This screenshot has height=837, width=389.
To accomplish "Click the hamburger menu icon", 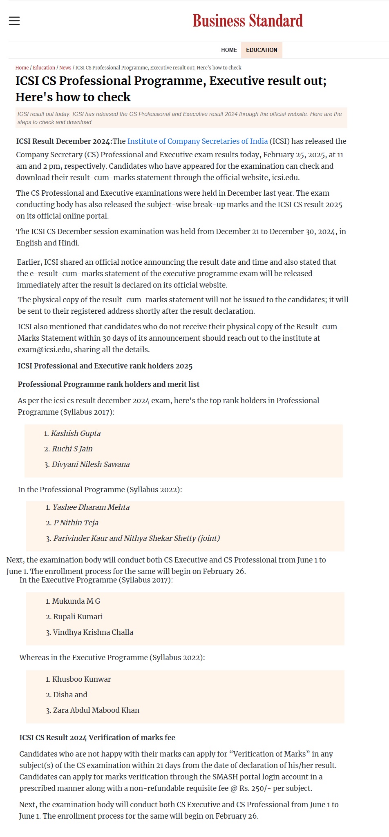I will (x=14, y=21).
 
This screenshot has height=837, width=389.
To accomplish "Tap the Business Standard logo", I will (x=248, y=21).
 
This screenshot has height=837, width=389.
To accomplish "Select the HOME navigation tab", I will (x=229, y=50).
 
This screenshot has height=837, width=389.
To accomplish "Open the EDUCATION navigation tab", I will (x=262, y=50).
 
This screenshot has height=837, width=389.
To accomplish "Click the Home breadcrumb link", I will (x=22, y=68).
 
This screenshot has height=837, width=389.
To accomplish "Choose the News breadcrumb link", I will (x=65, y=68).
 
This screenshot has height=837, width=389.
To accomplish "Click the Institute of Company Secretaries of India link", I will (x=197, y=141).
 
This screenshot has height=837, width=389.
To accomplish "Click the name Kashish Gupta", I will (x=76, y=433).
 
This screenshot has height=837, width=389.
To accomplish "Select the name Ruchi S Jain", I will (x=72, y=449).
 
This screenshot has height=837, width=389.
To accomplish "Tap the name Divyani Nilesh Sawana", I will (x=91, y=464).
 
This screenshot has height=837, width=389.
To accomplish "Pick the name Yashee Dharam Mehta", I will (x=91, y=507).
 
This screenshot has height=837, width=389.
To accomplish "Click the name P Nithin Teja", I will (x=76, y=523).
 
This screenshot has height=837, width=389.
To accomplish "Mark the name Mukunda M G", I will (x=76, y=601).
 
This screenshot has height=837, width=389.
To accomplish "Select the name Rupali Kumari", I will (x=78, y=617).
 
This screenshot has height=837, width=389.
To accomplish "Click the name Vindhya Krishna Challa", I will (x=93, y=632).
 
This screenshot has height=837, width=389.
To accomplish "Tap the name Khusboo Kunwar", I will (x=82, y=679).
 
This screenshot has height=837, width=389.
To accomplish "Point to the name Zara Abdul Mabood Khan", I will (x=96, y=710).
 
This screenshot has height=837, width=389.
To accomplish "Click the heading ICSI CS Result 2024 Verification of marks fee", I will (x=97, y=738).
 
